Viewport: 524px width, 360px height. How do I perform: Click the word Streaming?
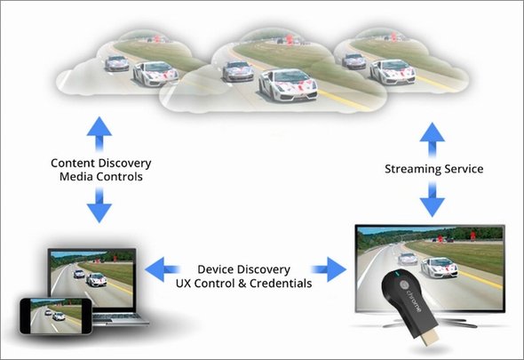413,169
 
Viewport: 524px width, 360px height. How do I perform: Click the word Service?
464,169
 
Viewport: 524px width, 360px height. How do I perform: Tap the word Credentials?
281,284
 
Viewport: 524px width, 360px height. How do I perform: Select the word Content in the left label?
73,164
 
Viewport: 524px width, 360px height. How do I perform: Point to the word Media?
75,177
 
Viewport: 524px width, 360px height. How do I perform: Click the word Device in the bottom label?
216,269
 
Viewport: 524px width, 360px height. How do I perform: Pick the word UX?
183,284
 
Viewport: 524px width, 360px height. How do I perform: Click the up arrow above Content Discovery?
99,134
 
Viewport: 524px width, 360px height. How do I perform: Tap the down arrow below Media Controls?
99,205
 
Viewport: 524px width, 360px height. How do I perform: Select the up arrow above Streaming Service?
433,140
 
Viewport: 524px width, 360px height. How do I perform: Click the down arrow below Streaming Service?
433,200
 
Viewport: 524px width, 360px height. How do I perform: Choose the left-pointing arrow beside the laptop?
162,269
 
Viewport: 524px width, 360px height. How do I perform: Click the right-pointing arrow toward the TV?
329,269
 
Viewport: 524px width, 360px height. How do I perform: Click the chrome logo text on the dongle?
414,300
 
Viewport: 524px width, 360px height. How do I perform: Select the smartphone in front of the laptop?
55,316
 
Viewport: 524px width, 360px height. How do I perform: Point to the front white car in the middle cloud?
288,86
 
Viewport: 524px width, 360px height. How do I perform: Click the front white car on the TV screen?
439,268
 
